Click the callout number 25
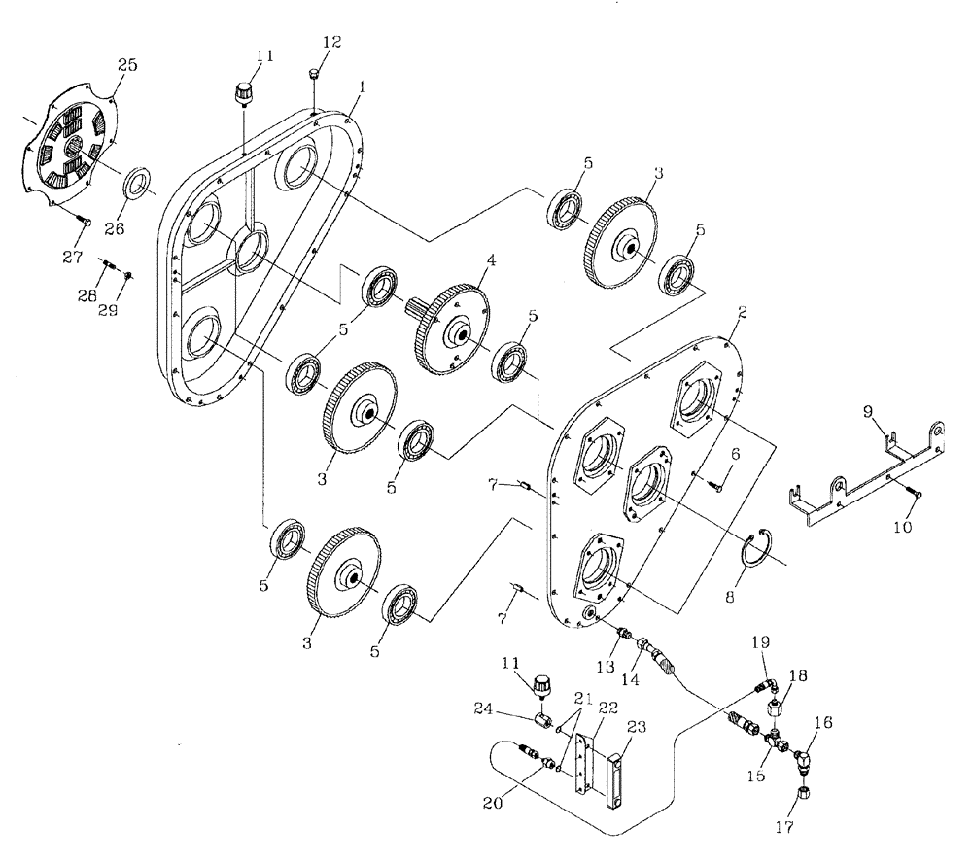126,65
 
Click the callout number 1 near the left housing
361,86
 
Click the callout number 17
785,828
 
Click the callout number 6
735,454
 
